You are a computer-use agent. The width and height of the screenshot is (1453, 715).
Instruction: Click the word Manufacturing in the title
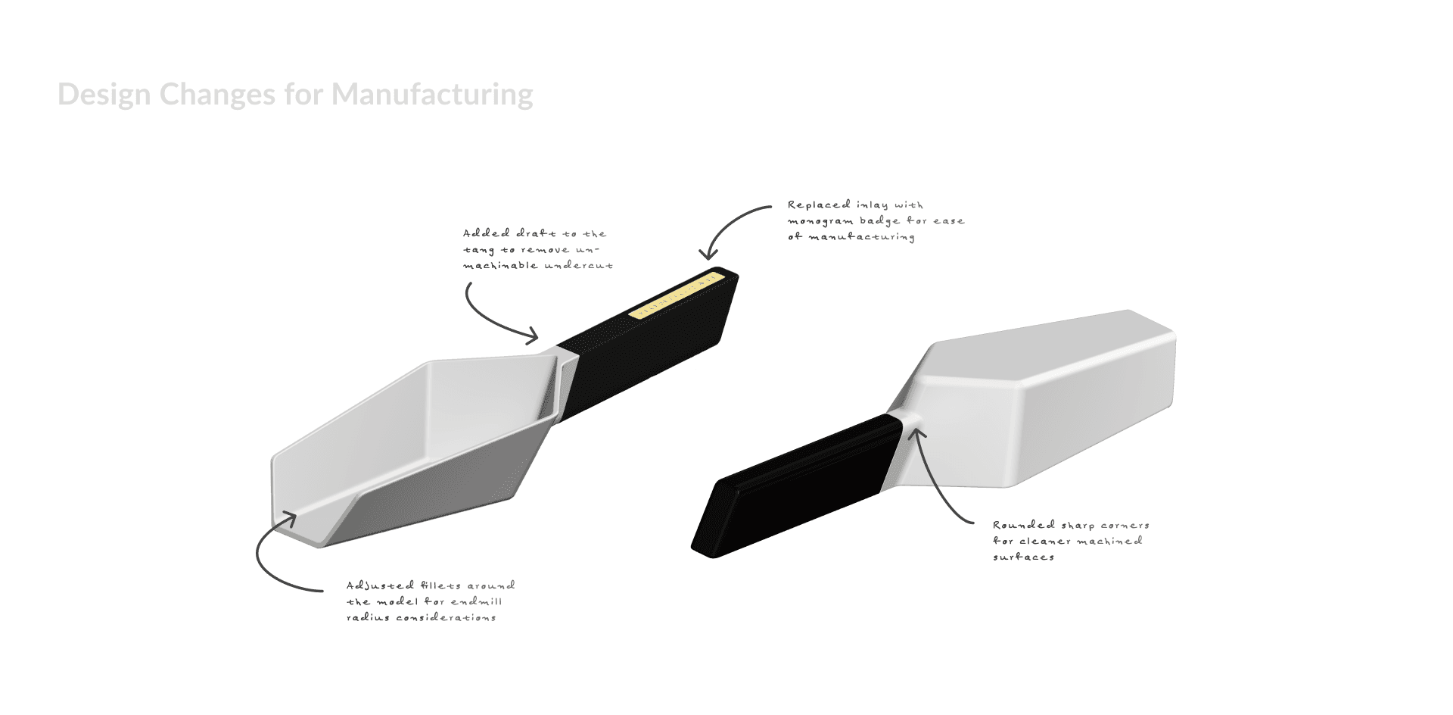click(x=432, y=95)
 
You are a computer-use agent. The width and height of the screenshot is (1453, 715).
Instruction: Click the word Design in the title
click(x=104, y=95)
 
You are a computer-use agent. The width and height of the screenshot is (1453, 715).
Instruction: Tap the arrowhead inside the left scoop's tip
click(x=288, y=517)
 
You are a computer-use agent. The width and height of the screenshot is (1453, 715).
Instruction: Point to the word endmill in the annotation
click(x=476, y=602)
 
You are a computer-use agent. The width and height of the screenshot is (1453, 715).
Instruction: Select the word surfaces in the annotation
click(x=1023, y=557)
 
